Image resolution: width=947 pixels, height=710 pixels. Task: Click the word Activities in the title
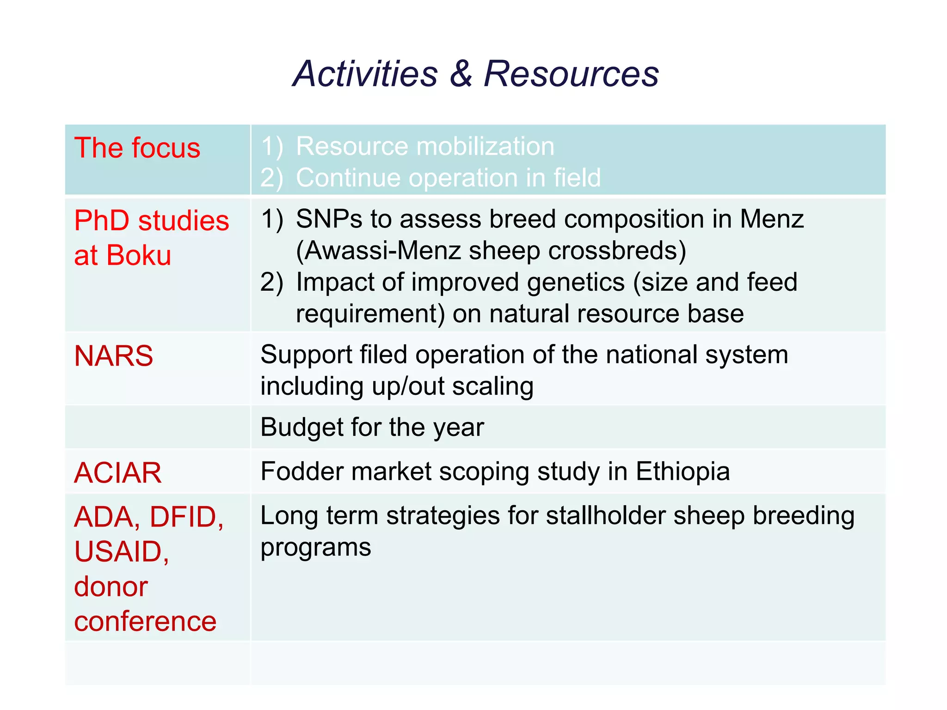[x=365, y=74]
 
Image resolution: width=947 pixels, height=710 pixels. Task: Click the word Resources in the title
[x=571, y=74]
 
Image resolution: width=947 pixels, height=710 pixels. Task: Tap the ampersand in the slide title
[x=461, y=74]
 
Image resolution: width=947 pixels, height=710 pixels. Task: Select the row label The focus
[x=137, y=148]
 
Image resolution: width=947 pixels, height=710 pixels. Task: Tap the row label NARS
[x=113, y=356]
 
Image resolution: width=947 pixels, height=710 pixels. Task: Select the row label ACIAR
[x=118, y=473]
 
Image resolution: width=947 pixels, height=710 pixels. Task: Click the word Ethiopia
[x=683, y=471]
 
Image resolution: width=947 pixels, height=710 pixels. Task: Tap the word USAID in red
[x=118, y=551]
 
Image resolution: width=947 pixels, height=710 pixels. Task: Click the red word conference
[x=145, y=621]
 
